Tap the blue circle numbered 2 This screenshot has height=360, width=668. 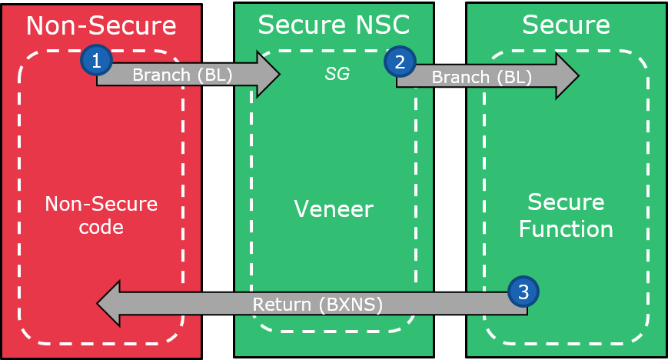point(400,62)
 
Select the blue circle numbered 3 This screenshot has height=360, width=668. point(523,292)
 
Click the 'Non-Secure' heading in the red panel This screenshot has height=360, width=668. point(101,25)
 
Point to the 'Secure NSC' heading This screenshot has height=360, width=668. point(334,25)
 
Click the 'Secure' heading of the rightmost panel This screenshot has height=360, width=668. point(566,25)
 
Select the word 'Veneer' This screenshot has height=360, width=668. point(334,208)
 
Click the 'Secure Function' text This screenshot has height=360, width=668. point(566,215)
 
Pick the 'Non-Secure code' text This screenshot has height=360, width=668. point(101,216)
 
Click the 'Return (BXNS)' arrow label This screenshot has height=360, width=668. point(318,305)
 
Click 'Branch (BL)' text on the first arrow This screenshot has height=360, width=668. point(180,75)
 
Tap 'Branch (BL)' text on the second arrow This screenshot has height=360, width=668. point(481,78)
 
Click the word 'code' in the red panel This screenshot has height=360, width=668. point(101,228)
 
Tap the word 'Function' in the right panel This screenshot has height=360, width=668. point(566,228)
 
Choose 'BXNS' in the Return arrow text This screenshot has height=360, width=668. point(350,305)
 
